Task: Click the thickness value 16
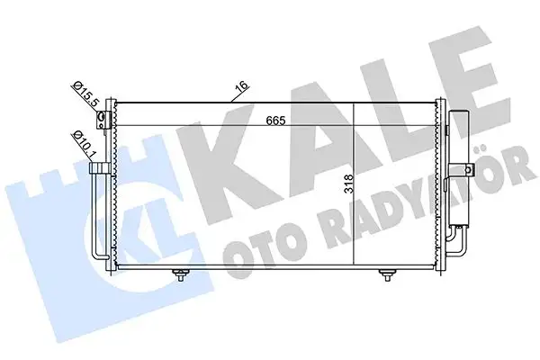pyautogui.click(x=239, y=88)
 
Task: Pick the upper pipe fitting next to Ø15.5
pyautogui.click(x=103, y=119)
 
